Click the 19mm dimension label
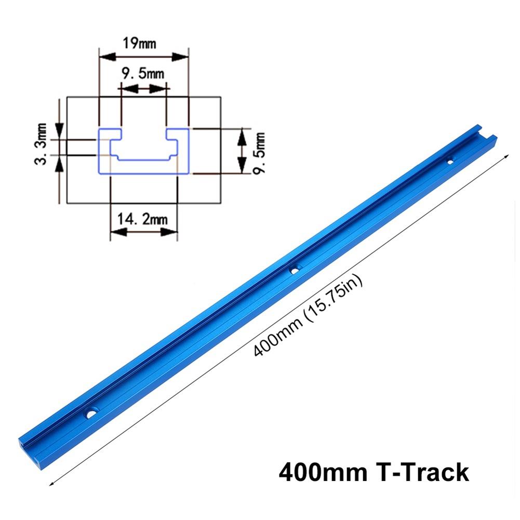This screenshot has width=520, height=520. [139, 42]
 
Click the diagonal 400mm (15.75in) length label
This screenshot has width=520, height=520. [309, 316]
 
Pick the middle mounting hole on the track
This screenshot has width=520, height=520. [295, 269]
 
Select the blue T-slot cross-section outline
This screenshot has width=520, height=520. [143, 151]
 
